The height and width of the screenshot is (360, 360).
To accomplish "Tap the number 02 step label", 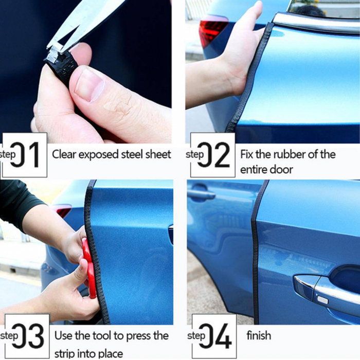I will click(x=213, y=155).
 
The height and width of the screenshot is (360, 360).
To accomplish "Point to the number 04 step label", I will click(x=214, y=336).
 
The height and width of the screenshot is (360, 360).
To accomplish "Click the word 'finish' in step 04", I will click(x=259, y=336).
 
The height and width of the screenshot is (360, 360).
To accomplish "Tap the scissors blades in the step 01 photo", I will click(x=85, y=21).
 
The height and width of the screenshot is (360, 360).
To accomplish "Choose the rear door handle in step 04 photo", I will click(x=202, y=195).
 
